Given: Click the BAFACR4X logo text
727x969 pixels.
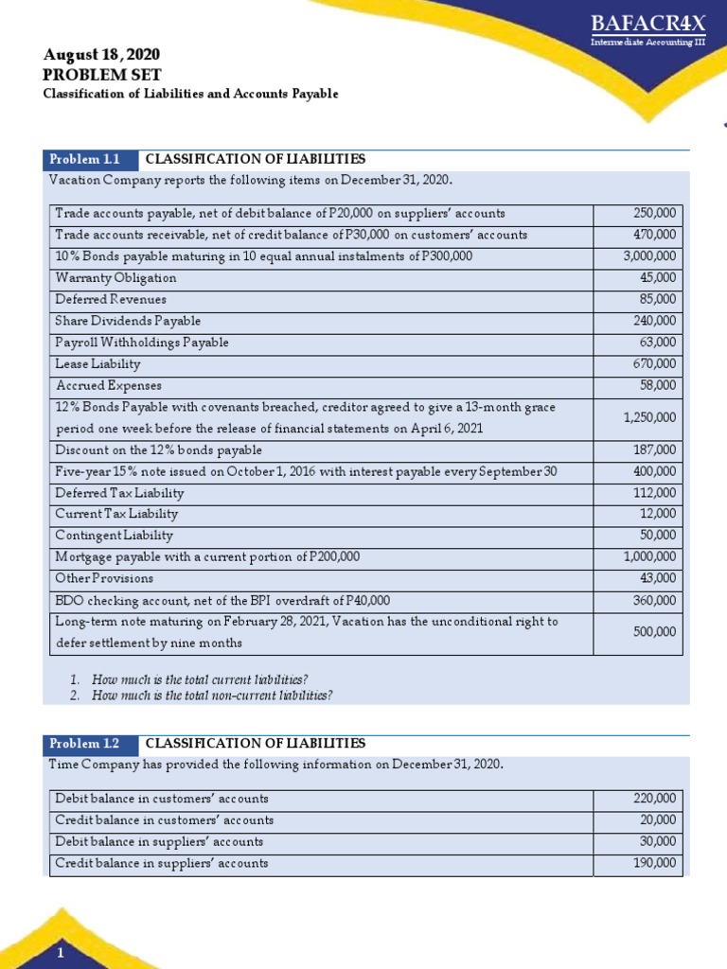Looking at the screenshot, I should point(647,24).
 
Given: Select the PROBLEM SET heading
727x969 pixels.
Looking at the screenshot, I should point(102,75).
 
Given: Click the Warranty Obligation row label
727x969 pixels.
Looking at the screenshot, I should point(115,278).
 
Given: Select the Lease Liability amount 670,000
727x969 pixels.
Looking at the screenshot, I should point(655,364).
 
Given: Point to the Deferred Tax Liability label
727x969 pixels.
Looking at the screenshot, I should point(119,493).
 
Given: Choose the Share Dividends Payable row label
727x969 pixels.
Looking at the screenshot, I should point(128,321).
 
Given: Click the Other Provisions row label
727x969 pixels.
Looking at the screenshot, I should point(104,578).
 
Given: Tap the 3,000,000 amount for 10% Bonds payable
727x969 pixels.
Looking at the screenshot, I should point(649,256).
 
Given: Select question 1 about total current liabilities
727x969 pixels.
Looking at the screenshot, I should point(200,680).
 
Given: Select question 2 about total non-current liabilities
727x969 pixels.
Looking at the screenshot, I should point(211,696).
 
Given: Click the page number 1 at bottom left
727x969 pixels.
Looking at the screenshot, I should point(60,954).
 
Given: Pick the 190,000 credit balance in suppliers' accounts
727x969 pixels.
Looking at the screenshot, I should point(655,863).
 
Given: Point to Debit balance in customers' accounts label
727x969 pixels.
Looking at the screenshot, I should point(162,799).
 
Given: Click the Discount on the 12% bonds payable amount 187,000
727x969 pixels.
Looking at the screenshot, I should point(655,450).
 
